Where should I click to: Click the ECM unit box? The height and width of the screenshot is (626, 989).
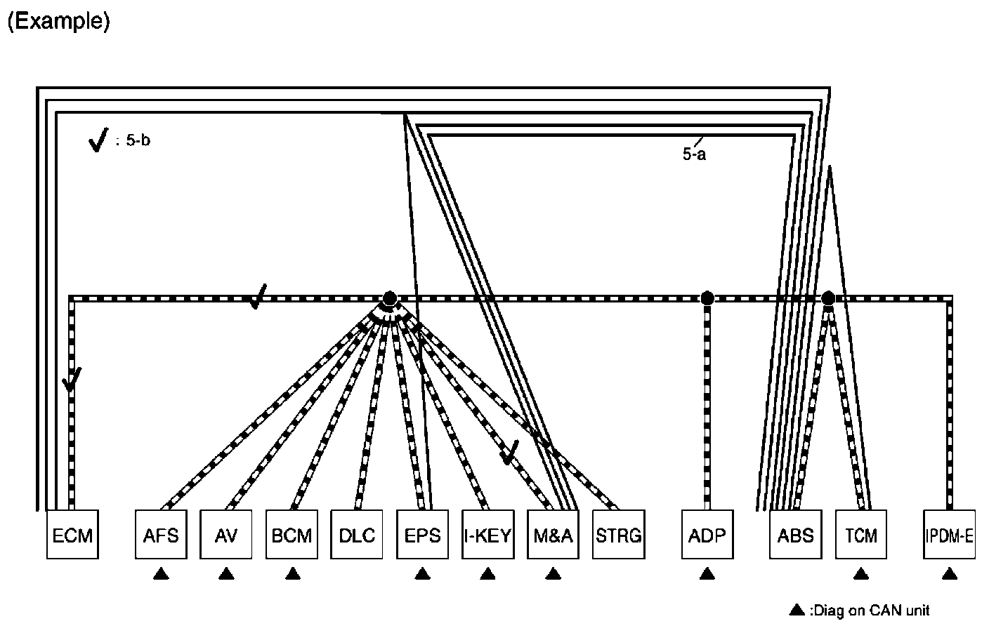[x=72, y=535]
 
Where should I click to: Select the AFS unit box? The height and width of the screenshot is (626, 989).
[x=160, y=535]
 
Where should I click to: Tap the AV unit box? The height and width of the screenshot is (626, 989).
[x=225, y=535]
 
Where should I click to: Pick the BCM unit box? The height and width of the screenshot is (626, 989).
[x=292, y=535]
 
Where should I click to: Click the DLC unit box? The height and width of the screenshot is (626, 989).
[x=357, y=535]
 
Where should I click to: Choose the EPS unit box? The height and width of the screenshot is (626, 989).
[x=422, y=535]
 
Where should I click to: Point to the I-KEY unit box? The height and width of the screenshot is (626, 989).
[x=487, y=535]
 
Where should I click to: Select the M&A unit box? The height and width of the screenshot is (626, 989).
[x=553, y=535]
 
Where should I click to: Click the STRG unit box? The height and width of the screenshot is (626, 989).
[x=618, y=535]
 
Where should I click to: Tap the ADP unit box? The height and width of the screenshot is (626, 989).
[x=707, y=535]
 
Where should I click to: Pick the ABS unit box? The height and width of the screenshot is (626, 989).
[x=795, y=535]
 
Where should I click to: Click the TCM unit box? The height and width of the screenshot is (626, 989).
[x=860, y=535]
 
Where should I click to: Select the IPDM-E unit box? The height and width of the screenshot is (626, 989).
[x=949, y=535]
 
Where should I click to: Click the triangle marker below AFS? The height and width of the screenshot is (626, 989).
[x=161, y=574]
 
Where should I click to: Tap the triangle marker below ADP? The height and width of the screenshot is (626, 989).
[x=707, y=574]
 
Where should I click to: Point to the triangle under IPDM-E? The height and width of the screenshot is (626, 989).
[x=950, y=574]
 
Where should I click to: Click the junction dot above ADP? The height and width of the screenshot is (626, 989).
[x=707, y=298]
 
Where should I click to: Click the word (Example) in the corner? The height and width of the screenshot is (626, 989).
[x=58, y=22]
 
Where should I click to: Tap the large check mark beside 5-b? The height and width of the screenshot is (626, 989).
[x=98, y=140]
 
